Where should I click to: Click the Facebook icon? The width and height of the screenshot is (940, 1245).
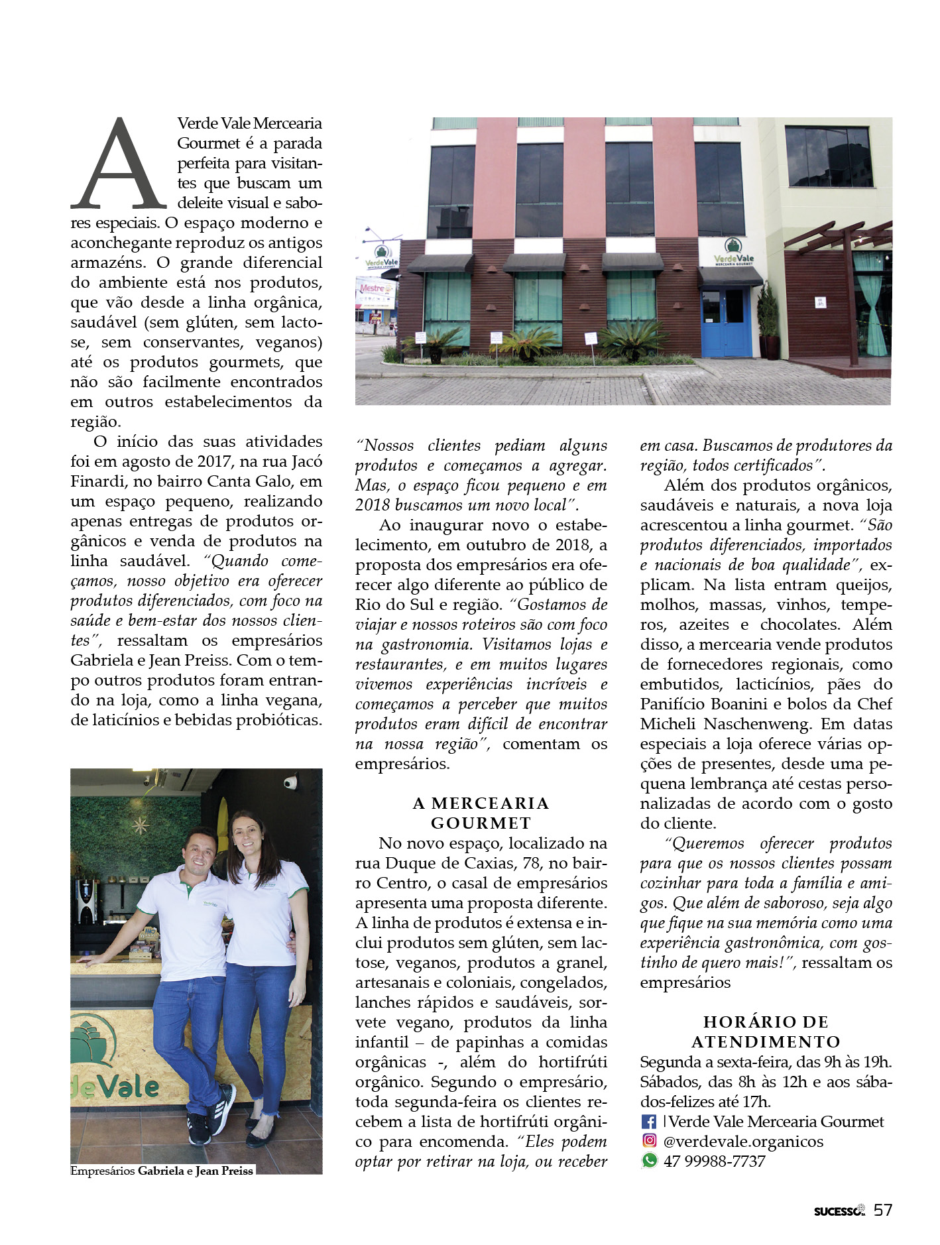tap(649, 1122)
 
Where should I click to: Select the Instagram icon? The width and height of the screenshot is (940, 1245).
tap(649, 1141)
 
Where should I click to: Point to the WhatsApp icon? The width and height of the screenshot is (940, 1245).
tap(649, 1161)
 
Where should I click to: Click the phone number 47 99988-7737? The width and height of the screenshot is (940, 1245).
tap(715, 1161)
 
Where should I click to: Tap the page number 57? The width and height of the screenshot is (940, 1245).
tap(882, 1210)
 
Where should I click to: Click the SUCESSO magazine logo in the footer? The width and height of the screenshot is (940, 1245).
tap(839, 1211)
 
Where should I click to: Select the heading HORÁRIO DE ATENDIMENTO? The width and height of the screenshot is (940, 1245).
tap(766, 1032)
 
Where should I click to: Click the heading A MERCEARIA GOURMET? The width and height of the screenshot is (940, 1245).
tap(481, 813)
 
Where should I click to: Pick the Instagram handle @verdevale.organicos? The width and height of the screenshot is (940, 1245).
tap(743, 1142)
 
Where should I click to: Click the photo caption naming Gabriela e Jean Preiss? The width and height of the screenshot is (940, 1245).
tap(162, 1171)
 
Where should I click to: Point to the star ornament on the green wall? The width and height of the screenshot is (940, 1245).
tap(140, 825)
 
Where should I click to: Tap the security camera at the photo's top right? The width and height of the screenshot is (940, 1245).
tap(290, 783)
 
